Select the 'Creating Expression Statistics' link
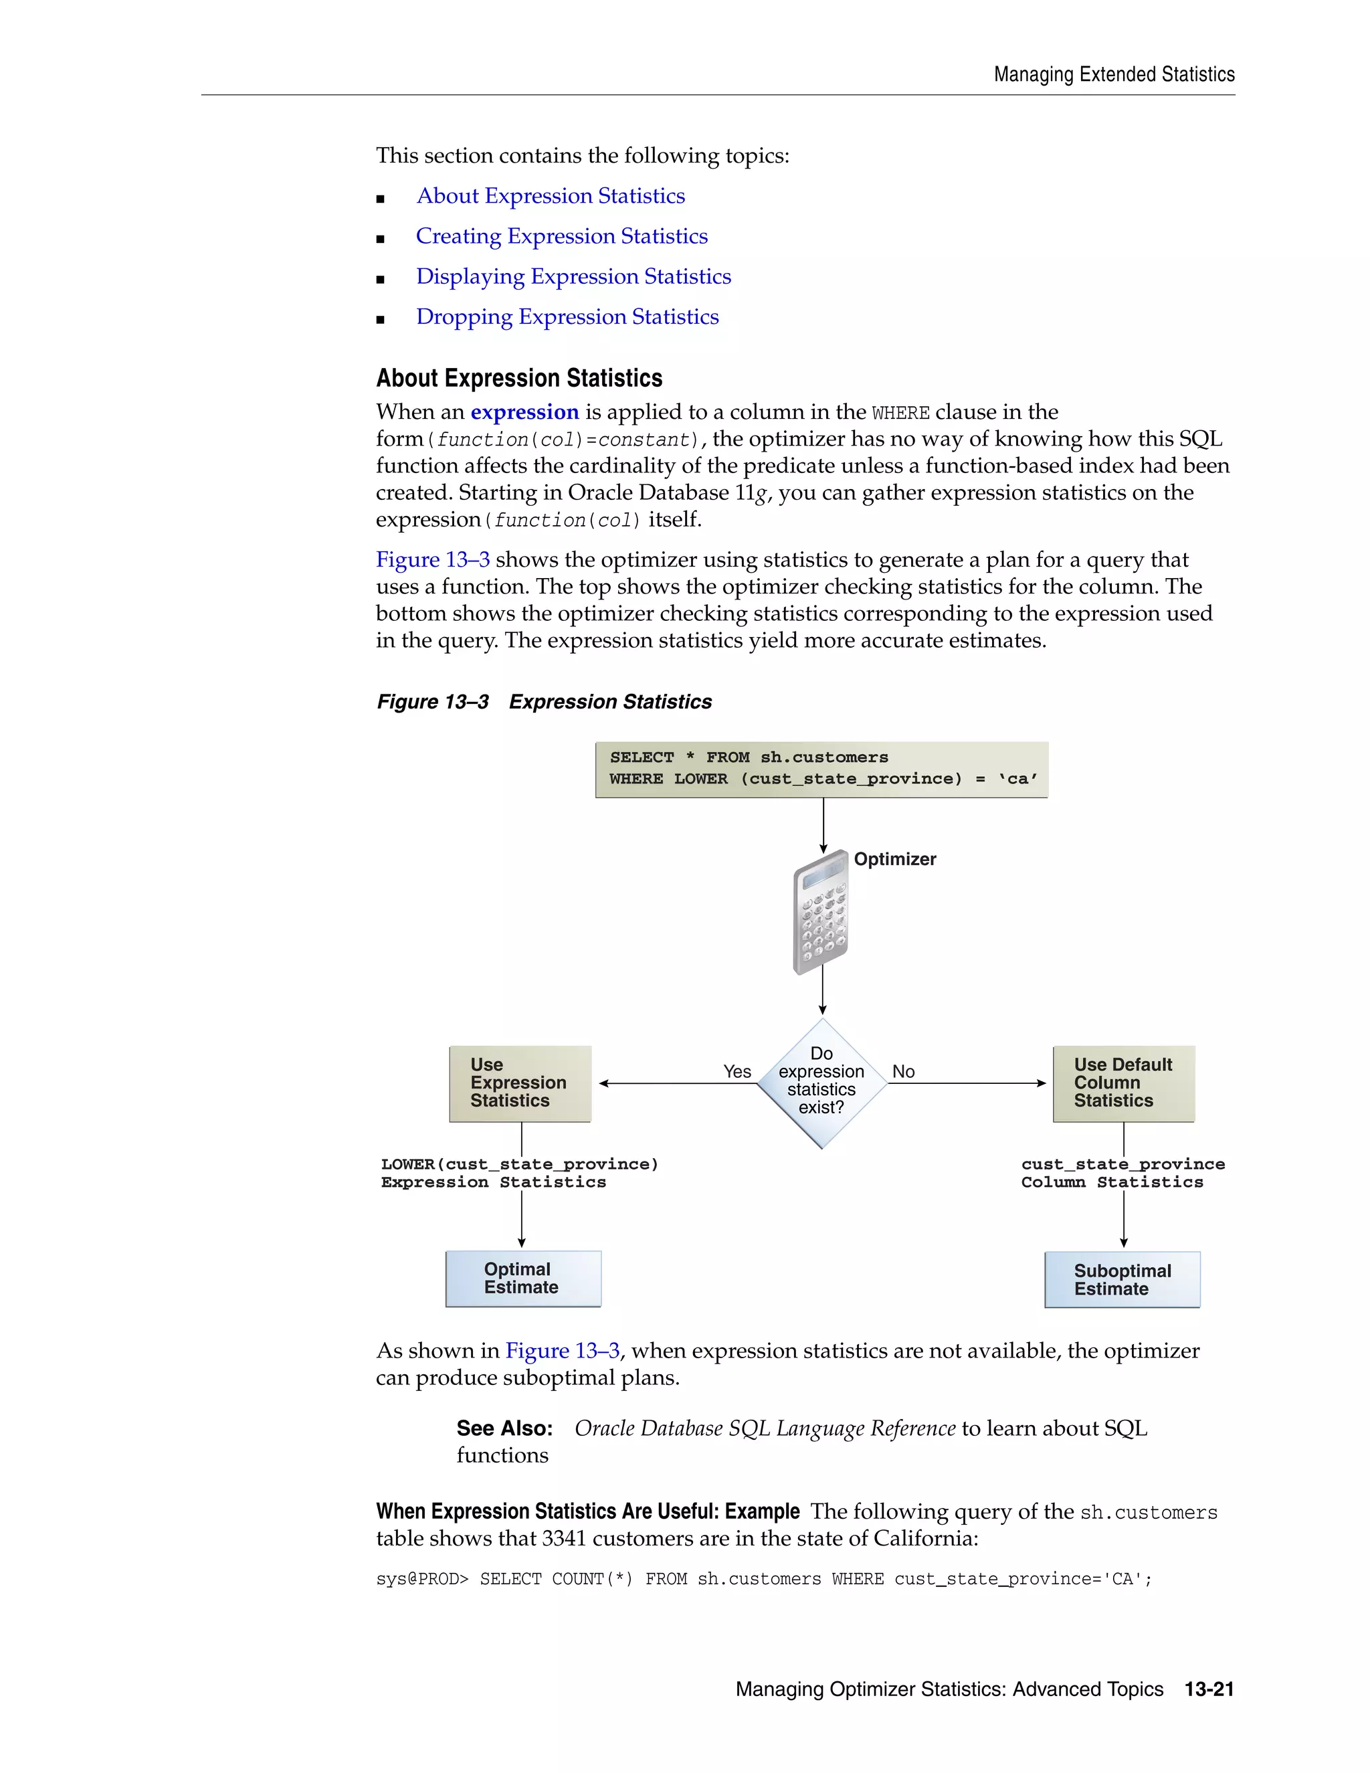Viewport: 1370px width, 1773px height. pos(562,236)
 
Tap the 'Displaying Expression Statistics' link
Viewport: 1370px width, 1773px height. pos(573,277)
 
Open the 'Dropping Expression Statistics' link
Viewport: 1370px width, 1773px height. pos(567,317)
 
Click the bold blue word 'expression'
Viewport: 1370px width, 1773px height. pos(524,412)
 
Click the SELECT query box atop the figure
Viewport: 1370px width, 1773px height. pos(821,769)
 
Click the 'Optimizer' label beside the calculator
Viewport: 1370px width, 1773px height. pos(894,859)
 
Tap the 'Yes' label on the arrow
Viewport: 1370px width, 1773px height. pos(737,1072)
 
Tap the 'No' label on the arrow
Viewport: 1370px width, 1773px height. pos(903,1072)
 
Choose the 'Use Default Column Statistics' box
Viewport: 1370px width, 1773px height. pos(1123,1083)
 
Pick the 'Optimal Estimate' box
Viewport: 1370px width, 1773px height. pos(522,1278)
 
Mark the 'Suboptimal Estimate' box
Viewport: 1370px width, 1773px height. pos(1122,1279)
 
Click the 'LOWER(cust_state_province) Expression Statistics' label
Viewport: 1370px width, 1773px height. pos(519,1173)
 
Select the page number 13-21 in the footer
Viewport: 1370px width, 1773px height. pos(1209,1689)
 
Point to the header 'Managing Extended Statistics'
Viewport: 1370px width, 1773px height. pos(1114,75)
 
